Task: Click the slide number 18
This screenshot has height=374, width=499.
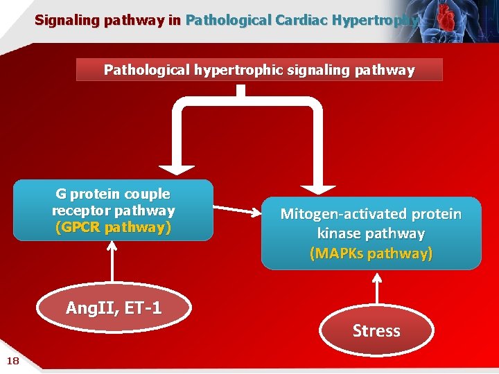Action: [x=12, y=359]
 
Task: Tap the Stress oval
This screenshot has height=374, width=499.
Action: [x=376, y=331]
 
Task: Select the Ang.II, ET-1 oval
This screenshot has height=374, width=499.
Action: [x=113, y=309]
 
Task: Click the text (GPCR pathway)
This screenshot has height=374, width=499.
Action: [x=113, y=226]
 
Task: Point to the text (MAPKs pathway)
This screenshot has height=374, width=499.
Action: [x=371, y=253]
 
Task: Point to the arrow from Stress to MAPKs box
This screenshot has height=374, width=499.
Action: [x=376, y=290]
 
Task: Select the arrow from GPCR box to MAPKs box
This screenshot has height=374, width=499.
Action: [x=236, y=211]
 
